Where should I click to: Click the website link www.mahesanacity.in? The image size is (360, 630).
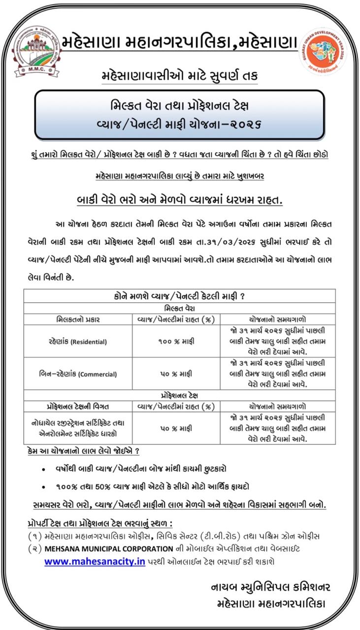tap(95, 562)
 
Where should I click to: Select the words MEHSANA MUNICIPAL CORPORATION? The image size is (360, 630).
tap(109, 548)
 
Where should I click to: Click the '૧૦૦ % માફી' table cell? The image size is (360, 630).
tap(176, 341)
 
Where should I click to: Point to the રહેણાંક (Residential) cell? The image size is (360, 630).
tap(78, 341)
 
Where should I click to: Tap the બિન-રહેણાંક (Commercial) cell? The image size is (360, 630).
tap(78, 374)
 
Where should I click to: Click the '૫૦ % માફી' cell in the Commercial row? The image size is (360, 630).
tap(176, 374)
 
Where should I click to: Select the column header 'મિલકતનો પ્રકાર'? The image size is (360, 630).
tap(78, 319)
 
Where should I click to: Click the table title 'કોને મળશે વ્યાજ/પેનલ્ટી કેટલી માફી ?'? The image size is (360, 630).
tap(180, 296)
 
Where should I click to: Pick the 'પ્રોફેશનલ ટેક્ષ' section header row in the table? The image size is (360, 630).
tap(180, 395)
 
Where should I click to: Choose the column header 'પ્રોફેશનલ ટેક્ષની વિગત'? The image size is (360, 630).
tap(78, 406)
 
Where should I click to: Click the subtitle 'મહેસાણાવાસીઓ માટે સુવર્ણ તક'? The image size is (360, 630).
tap(180, 77)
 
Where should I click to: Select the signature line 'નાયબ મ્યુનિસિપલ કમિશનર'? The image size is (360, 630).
tap(270, 587)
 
